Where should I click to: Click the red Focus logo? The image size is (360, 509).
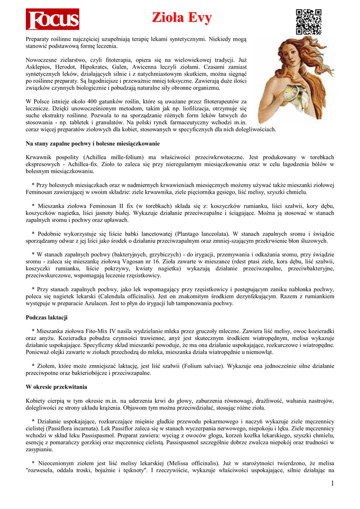pos(52,19)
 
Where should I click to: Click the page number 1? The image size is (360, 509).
pos(332,484)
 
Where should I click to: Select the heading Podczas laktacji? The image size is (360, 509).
pos(47,317)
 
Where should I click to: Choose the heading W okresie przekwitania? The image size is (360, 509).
pos(56,386)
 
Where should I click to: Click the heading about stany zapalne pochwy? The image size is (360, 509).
pos(92,144)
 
